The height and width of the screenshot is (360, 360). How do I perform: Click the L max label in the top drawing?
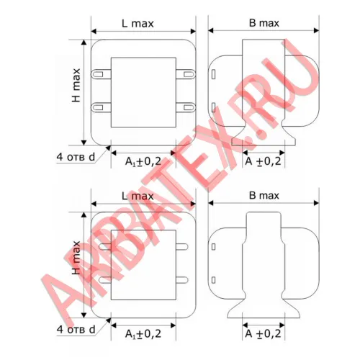[x=138, y=24]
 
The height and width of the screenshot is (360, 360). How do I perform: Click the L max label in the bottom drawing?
[x=138, y=196]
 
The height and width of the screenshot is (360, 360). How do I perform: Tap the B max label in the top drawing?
[x=264, y=23]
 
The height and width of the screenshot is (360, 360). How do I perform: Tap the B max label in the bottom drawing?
[x=264, y=195]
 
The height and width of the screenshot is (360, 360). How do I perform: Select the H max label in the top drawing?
[x=76, y=85]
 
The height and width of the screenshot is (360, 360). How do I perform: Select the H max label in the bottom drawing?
[x=76, y=258]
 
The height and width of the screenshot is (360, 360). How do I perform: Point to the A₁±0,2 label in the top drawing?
[x=143, y=161]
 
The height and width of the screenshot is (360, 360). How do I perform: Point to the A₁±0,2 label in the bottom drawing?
[x=143, y=334]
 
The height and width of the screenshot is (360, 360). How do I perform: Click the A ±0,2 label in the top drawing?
[x=263, y=161]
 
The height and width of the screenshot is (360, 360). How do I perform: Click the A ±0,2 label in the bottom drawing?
[x=263, y=333]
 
